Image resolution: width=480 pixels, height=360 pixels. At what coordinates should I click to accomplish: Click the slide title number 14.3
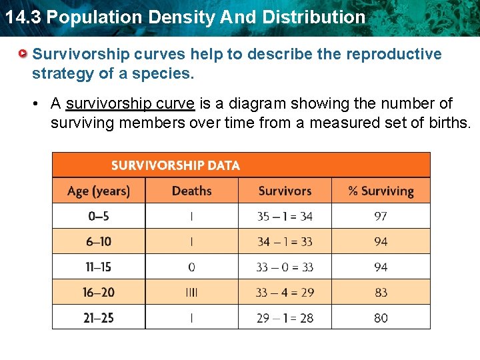point(22,17)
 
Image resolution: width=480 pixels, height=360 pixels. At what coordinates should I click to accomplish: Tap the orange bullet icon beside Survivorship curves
point(23,53)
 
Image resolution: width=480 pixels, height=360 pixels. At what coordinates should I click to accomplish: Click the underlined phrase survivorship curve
point(130,104)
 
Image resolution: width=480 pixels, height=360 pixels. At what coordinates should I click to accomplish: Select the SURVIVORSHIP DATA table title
point(175,165)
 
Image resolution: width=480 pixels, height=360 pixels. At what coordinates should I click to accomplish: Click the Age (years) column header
point(99,191)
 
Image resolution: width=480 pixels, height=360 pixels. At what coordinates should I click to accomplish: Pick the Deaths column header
point(191,191)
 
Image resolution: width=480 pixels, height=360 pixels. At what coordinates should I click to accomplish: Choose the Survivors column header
point(285,191)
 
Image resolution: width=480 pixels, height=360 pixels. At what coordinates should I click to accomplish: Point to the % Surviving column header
point(381,191)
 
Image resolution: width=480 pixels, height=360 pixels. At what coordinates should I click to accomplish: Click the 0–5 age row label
point(98,217)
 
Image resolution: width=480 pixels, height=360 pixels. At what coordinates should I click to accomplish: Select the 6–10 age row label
point(98,242)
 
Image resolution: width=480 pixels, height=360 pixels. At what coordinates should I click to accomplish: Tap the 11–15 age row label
point(98,267)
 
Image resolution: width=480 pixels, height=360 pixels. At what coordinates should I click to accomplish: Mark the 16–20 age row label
point(98,293)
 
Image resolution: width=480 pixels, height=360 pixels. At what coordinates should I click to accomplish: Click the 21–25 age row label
point(98,318)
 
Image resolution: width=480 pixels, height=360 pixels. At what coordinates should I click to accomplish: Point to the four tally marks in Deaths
point(191,293)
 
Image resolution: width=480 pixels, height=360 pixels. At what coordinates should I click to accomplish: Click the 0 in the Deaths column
point(191,267)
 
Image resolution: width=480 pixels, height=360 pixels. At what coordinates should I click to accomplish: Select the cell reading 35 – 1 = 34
point(285,217)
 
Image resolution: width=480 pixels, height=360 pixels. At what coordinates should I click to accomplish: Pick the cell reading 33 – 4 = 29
point(285,293)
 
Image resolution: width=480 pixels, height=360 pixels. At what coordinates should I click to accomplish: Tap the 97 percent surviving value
point(381,217)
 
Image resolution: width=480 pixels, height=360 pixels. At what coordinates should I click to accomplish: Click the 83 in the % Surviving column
point(381,293)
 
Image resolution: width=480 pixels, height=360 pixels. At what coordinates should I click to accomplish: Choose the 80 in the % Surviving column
point(381,318)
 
